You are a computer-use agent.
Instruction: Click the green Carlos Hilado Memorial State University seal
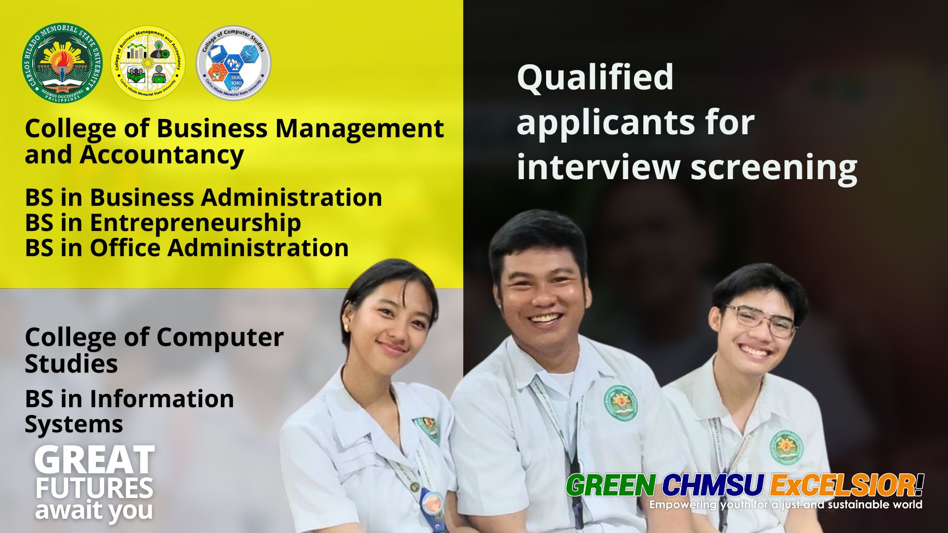pos(62,63)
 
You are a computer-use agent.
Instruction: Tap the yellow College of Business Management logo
pos(148,63)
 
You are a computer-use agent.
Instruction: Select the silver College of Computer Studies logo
pos(234,63)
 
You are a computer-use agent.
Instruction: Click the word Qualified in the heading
pos(595,78)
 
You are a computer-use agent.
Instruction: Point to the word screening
pos(774,168)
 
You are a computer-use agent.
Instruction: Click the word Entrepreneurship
pos(195,223)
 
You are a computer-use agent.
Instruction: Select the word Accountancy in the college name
pos(162,155)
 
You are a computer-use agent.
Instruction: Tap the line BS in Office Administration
pos(187,248)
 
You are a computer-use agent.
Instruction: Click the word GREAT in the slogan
pos(94,460)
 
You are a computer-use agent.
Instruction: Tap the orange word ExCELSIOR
pos(842,486)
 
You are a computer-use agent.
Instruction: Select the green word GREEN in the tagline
pos(611,486)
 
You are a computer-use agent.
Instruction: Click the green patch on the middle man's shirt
pos(621,403)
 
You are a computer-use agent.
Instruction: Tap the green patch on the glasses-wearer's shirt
pos(786,447)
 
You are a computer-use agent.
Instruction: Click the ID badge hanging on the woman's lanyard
pos(434,508)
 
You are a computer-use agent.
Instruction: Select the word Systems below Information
pos(74,424)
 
